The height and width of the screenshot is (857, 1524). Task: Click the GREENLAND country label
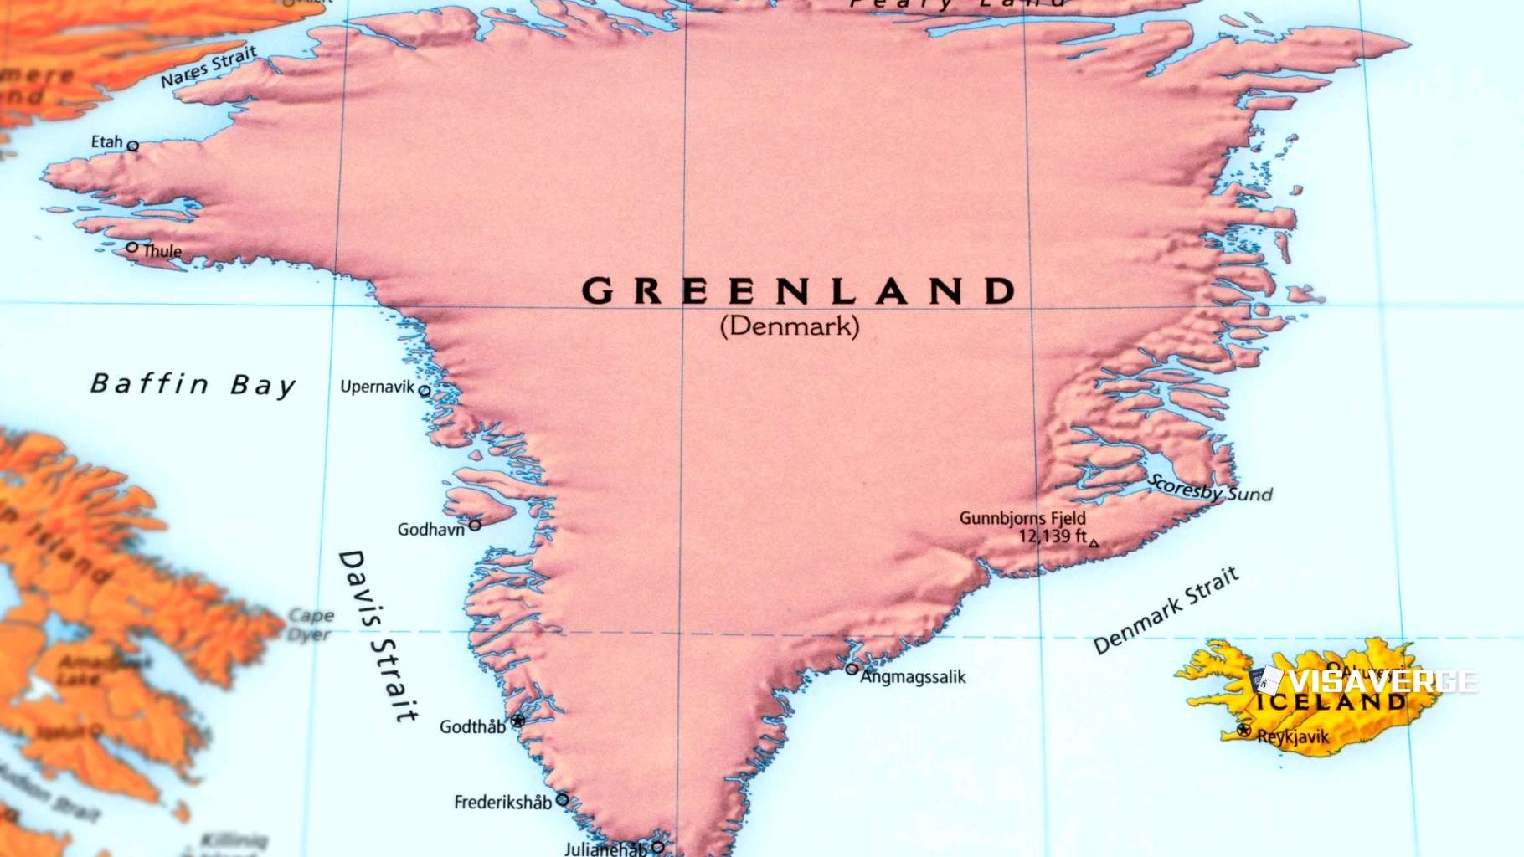798,291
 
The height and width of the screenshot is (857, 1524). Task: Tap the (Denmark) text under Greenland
790,326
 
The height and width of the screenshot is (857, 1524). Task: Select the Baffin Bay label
193,384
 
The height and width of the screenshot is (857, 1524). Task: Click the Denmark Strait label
1166,610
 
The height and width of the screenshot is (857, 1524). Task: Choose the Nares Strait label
209,67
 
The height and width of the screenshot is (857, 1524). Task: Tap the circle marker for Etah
132,146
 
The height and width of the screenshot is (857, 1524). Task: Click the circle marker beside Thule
132,247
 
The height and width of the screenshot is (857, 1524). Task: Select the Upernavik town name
377,387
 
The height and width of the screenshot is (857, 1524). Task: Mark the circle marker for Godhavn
475,525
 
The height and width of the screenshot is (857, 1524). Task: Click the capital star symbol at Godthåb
518,721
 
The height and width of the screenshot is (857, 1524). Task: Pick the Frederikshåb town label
502,803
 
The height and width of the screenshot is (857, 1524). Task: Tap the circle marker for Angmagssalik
852,669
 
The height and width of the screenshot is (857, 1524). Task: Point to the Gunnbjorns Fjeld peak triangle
1094,543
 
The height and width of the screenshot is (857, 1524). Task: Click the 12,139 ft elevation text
1052,536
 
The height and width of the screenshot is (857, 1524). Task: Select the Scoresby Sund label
1211,489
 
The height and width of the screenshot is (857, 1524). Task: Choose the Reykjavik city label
1293,737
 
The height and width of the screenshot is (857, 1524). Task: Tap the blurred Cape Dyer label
311,625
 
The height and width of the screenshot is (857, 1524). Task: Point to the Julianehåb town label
605,849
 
